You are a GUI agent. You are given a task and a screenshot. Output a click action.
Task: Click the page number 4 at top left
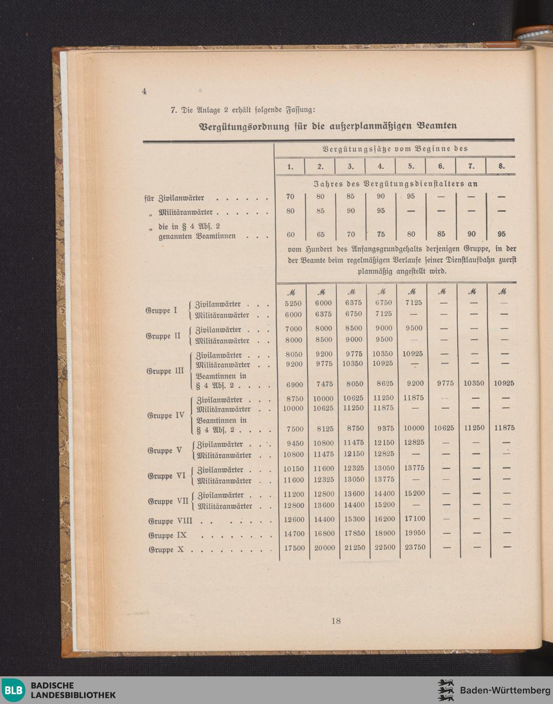144,91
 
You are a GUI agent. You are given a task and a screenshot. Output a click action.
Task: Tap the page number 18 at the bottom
336,620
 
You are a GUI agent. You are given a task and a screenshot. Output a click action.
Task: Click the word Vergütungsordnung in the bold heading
244,126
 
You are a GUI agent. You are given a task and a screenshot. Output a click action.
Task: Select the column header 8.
501,166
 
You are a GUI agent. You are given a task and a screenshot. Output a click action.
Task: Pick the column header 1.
290,166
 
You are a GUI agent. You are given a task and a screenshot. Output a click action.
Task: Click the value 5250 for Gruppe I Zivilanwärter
293,303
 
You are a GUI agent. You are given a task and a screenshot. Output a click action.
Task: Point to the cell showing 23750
414,547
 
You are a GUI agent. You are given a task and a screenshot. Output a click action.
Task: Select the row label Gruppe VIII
170,521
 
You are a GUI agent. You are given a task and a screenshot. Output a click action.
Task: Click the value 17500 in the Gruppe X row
294,547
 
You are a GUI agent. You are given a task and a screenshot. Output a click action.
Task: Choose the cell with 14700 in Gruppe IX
294,533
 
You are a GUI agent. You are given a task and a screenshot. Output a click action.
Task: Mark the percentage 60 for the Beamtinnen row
291,234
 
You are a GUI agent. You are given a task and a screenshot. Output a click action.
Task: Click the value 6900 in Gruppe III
294,383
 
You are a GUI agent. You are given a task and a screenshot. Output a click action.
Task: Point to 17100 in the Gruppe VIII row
414,519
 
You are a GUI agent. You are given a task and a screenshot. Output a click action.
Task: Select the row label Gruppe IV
166,415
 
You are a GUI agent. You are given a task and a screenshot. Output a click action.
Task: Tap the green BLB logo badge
13,690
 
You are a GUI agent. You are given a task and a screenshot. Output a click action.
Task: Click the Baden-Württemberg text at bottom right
505,690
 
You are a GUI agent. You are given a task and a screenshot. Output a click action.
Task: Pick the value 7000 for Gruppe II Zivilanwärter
294,328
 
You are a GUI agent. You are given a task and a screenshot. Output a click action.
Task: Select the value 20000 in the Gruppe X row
325,547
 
